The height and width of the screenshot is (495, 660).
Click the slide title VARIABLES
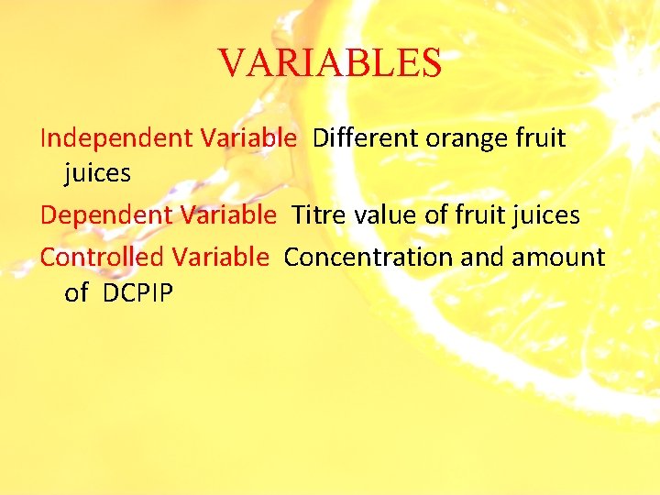330,63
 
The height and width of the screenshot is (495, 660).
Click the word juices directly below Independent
98,173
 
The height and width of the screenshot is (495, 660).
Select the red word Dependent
105,215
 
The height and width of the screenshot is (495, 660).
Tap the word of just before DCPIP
77,292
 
